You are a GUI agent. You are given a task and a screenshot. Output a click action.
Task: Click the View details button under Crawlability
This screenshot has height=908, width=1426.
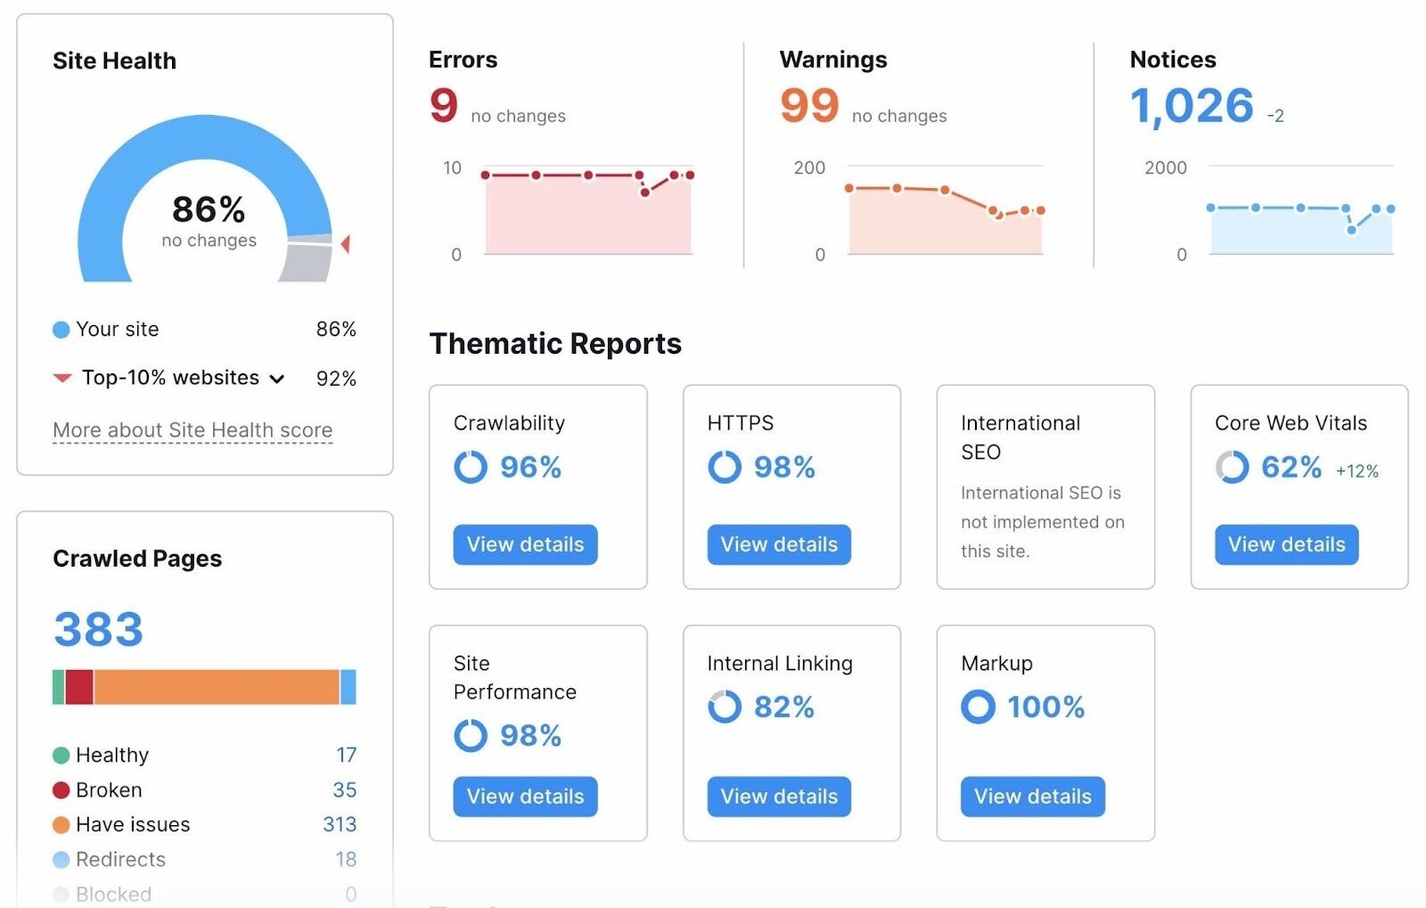[525, 544]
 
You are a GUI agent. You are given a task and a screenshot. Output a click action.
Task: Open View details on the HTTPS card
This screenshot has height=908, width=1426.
[779, 544]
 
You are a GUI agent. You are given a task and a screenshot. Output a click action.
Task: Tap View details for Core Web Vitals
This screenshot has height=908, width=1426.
[1286, 544]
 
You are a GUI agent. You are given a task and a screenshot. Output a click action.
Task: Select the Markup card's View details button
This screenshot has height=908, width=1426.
[1032, 797]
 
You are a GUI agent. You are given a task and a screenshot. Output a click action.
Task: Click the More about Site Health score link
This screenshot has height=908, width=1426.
[193, 430]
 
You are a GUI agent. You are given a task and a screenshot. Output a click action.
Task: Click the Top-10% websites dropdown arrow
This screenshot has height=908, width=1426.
[277, 379]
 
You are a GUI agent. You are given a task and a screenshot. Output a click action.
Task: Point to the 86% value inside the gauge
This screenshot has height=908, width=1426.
[209, 210]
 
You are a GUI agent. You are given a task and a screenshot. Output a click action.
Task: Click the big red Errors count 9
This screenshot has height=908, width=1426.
[444, 105]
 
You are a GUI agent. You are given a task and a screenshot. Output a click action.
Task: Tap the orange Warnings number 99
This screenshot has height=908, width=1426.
[809, 105]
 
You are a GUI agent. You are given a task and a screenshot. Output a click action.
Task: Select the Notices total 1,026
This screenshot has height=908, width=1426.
[1192, 106]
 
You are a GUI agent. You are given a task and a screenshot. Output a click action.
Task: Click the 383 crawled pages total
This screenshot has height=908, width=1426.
[99, 629]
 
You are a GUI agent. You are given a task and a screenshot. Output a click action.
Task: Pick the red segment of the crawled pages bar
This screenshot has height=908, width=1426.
[79, 687]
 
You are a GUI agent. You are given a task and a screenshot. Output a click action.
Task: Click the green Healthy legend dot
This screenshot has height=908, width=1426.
[61, 756]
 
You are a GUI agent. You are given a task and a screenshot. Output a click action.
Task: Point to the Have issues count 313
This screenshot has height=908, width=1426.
[339, 825]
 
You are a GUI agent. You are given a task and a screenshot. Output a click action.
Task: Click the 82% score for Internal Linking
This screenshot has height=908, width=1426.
[783, 708]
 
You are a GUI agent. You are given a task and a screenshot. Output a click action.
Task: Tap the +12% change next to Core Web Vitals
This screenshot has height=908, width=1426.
[1356, 471]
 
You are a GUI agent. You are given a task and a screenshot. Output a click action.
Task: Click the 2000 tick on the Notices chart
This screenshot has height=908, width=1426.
[1165, 168]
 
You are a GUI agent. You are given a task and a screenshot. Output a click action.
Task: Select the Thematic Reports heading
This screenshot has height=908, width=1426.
[555, 344]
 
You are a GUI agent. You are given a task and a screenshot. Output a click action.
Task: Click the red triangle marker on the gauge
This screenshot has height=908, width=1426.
[346, 243]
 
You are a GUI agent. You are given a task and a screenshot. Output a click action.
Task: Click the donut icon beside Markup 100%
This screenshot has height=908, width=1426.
[978, 708]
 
